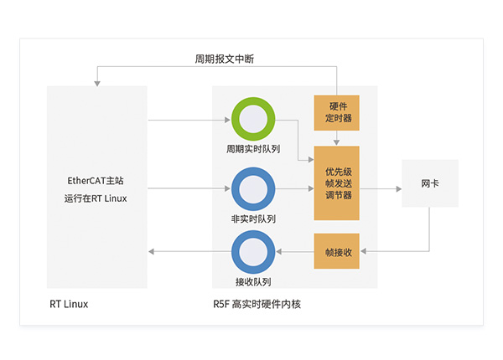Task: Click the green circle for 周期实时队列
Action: point(254,120)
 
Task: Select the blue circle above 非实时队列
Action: point(254,189)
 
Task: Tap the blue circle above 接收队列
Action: point(254,251)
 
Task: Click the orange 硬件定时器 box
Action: point(337,112)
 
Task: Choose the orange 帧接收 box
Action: point(337,251)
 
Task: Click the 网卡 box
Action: point(430,183)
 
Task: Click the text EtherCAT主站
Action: point(96,180)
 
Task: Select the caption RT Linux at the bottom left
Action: point(69,305)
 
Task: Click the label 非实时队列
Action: point(253,219)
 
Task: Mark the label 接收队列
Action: point(253,282)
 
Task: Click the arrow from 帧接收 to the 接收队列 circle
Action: point(295,251)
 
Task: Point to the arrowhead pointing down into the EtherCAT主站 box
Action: point(96,82)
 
